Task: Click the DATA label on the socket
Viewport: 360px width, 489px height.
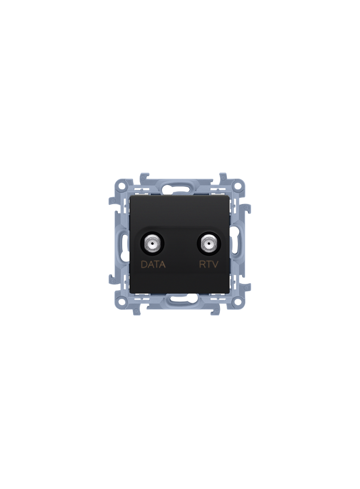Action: point(153,265)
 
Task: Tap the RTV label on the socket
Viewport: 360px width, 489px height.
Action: point(209,265)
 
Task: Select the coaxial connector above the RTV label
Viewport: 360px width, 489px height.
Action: point(207,242)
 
